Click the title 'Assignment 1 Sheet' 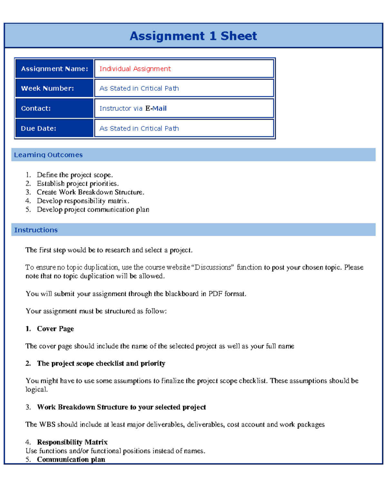(193, 36)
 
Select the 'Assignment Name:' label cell (54, 69)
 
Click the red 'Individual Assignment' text (135, 69)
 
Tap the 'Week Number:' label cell (54, 88)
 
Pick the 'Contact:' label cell (54, 108)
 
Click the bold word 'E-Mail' (156, 108)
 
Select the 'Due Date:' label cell (54, 128)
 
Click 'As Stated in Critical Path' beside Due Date (139, 128)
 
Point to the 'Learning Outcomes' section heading (48, 155)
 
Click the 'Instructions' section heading (36, 230)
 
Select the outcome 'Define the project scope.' (75, 175)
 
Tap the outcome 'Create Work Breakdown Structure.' (90, 192)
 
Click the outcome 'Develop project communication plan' (93, 210)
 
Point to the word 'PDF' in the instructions (215, 294)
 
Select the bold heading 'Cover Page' (55, 329)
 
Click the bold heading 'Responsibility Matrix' (72, 442)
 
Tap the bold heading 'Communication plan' (71, 459)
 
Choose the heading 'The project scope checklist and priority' (101, 364)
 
